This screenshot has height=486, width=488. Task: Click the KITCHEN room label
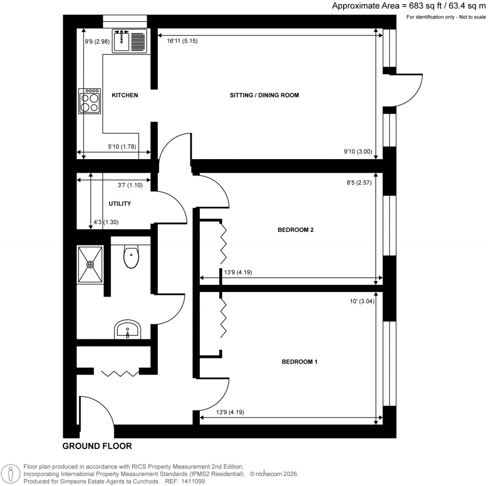pos(124,95)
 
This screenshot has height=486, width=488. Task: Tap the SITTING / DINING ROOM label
pos(264,95)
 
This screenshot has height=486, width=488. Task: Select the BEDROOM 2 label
pos(295,230)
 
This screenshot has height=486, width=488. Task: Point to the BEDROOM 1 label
pos(299,362)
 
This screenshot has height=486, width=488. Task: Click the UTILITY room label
pos(120,203)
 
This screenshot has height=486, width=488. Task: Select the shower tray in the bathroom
pos(90,264)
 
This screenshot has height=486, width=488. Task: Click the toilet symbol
pos(130,257)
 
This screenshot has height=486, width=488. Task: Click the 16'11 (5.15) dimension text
pos(182,41)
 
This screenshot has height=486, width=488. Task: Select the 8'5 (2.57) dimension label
pos(357,182)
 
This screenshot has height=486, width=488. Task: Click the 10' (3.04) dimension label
pos(360,301)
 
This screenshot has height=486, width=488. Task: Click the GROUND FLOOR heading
pos(97,446)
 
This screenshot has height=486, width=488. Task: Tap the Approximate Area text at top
pos(408,6)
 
